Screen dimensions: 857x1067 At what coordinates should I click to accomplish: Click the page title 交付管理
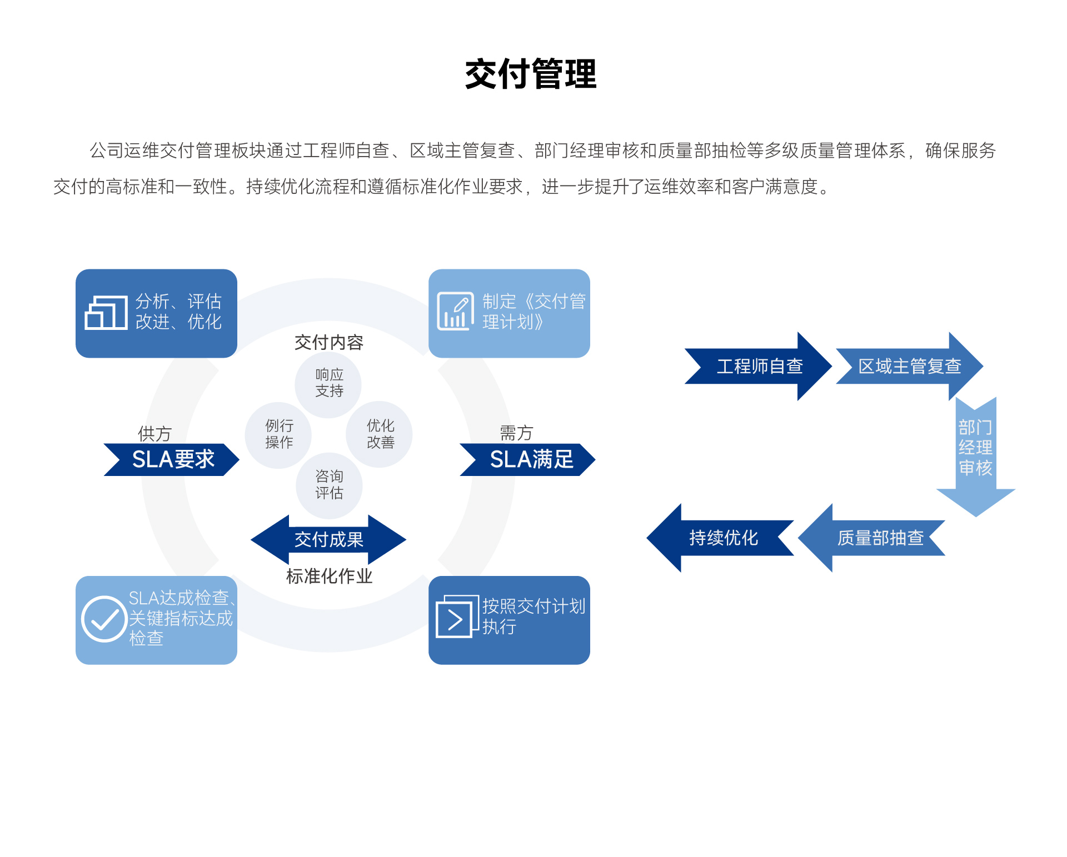[531, 74]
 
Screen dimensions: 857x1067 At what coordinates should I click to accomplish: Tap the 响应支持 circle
[328, 383]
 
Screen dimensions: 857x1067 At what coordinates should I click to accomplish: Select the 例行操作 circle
[278, 434]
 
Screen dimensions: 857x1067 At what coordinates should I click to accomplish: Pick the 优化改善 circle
[380, 434]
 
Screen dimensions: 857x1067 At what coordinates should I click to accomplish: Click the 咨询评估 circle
[329, 485]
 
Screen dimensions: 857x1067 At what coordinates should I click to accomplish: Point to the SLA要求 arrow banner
[172, 460]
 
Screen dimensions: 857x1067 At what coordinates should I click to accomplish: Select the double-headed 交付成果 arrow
[328, 539]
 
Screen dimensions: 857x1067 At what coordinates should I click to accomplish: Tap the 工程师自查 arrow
[759, 366]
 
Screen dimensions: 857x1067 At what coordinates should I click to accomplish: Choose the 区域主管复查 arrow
[909, 366]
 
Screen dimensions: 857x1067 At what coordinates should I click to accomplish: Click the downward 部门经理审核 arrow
[975, 453]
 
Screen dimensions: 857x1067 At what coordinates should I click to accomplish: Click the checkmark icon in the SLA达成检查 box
[104, 619]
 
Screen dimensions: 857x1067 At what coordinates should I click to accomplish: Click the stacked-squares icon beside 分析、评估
[106, 312]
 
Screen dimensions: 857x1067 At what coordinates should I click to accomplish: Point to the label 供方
[154, 434]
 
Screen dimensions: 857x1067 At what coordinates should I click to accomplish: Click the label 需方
[516, 433]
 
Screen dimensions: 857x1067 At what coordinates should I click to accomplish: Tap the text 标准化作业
[329, 577]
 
